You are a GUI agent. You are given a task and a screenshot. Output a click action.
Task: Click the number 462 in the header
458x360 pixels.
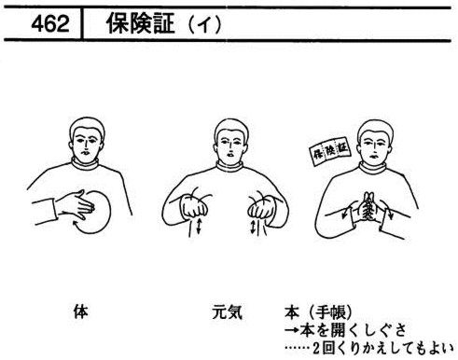50,23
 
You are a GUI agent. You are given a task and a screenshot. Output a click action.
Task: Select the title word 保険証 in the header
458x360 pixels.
140,23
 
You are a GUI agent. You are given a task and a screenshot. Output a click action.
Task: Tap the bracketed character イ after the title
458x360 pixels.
204,24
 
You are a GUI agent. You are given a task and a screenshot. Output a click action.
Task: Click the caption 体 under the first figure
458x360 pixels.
80,312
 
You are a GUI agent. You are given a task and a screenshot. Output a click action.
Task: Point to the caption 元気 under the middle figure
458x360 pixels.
228,312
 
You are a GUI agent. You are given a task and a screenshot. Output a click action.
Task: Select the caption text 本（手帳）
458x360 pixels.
319,312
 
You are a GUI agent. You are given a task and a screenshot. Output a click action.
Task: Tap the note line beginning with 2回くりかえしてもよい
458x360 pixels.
383,349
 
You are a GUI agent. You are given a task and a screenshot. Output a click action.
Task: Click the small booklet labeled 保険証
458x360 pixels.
329,151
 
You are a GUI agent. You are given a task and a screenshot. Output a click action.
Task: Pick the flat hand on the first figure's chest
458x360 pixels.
75,205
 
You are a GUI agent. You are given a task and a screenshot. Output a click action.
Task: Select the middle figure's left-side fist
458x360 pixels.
194,206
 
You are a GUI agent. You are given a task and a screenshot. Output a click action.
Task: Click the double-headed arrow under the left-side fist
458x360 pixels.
199,226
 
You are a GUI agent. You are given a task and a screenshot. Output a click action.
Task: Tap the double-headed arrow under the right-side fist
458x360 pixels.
253,227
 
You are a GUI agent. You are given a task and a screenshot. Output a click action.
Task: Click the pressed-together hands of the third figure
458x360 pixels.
368,208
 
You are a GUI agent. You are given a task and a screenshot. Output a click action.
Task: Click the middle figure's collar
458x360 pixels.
229,166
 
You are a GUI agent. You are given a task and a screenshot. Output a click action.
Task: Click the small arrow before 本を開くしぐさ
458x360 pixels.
292,330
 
